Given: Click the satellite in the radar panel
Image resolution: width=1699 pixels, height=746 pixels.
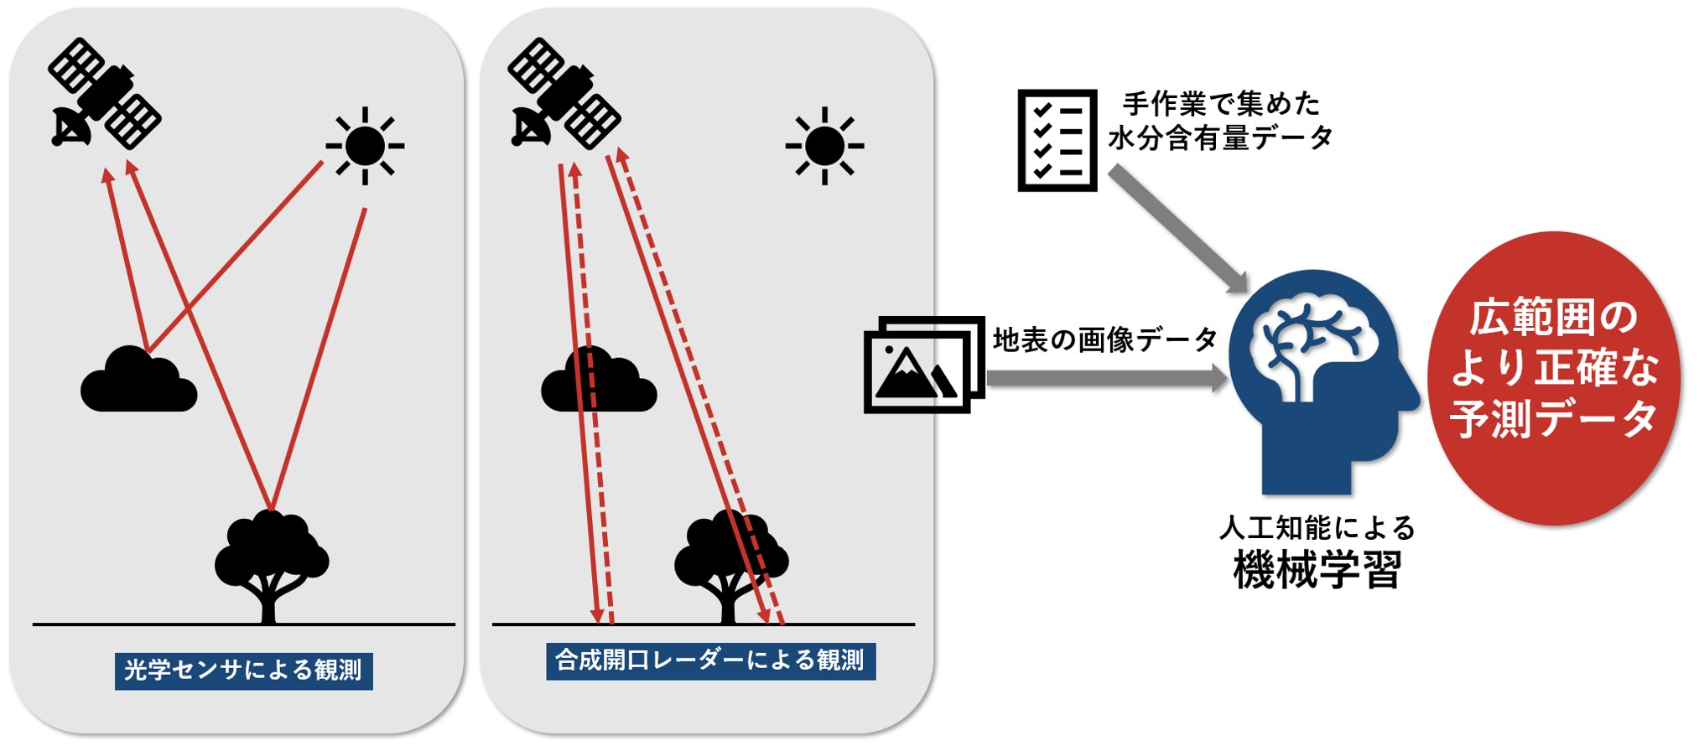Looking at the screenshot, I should pyautogui.click(x=564, y=93).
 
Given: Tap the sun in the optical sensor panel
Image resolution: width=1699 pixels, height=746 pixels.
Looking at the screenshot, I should pyautogui.click(x=365, y=146).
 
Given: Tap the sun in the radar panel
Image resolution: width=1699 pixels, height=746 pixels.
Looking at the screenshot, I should pyautogui.click(x=824, y=146).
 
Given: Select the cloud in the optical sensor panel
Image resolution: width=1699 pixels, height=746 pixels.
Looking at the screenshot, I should pyautogui.click(x=138, y=381).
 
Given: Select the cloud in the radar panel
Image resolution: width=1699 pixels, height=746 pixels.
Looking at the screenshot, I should pyautogui.click(x=598, y=381).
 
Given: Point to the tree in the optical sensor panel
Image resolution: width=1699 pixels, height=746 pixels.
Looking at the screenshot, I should pyautogui.click(x=270, y=562).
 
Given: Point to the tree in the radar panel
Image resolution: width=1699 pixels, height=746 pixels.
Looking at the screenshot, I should pyautogui.click(x=730, y=562).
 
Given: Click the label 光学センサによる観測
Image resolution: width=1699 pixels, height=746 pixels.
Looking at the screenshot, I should pyautogui.click(x=243, y=671).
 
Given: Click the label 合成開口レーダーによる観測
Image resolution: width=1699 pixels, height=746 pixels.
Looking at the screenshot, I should pyautogui.click(x=710, y=661).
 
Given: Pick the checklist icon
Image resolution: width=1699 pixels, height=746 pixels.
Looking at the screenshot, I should pyautogui.click(x=1057, y=140).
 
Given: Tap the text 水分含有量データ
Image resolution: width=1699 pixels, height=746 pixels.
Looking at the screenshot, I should pyautogui.click(x=1220, y=137).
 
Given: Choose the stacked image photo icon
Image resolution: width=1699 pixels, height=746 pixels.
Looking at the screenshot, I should pyautogui.click(x=922, y=365).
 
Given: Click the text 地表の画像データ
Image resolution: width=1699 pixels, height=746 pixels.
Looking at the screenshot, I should pyautogui.click(x=1105, y=339).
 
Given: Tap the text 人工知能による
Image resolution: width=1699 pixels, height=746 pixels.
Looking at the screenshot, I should pyautogui.click(x=1317, y=528).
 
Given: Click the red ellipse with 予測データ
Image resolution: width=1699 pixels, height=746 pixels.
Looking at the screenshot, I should pyautogui.click(x=1554, y=377).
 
